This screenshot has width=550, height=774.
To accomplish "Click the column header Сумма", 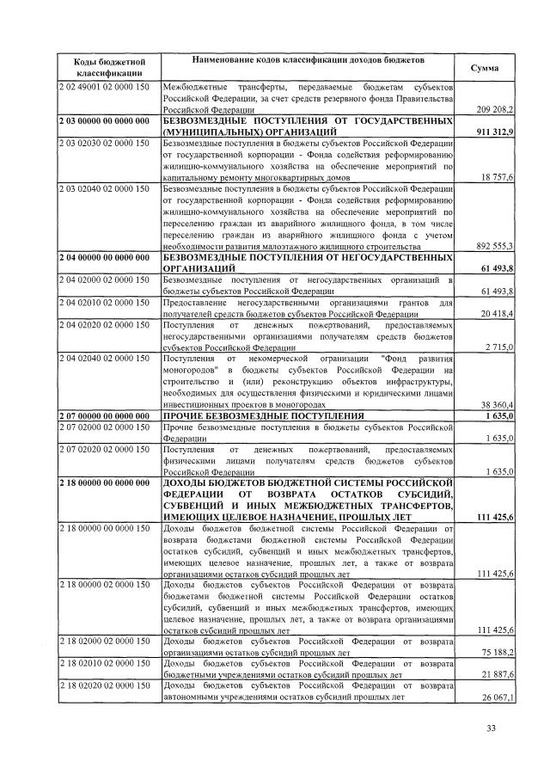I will [486, 67].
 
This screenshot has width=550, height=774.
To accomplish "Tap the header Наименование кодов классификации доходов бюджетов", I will [307, 62].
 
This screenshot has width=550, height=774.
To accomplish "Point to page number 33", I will [492, 729].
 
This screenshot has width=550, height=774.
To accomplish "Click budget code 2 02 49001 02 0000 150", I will [104, 88].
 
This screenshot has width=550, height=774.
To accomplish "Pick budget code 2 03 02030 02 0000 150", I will [104, 143].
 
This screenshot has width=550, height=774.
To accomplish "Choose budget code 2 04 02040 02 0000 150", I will [104, 358].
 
